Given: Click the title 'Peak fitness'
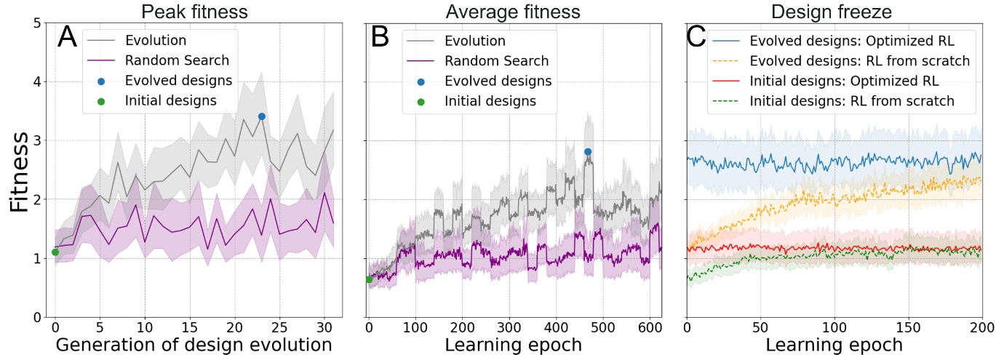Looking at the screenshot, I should click(x=196, y=11).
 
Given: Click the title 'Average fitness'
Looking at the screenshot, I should click(x=513, y=11).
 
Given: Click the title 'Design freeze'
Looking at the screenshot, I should click(x=834, y=11).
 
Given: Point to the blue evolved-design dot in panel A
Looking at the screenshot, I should click(x=261, y=116).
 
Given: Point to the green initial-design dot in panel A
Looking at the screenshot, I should click(x=55, y=252).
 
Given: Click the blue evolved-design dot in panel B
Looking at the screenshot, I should click(x=588, y=151).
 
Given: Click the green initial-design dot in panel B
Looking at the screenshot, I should click(x=369, y=279).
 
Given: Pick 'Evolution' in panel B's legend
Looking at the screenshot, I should click(x=474, y=41).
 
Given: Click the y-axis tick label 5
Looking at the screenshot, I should click(x=36, y=23).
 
